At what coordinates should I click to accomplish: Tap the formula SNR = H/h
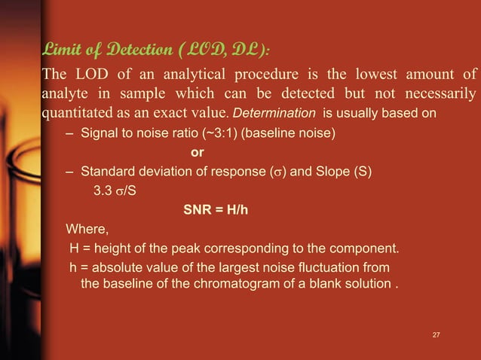click(216, 210)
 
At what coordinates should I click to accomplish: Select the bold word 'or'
click(198, 153)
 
